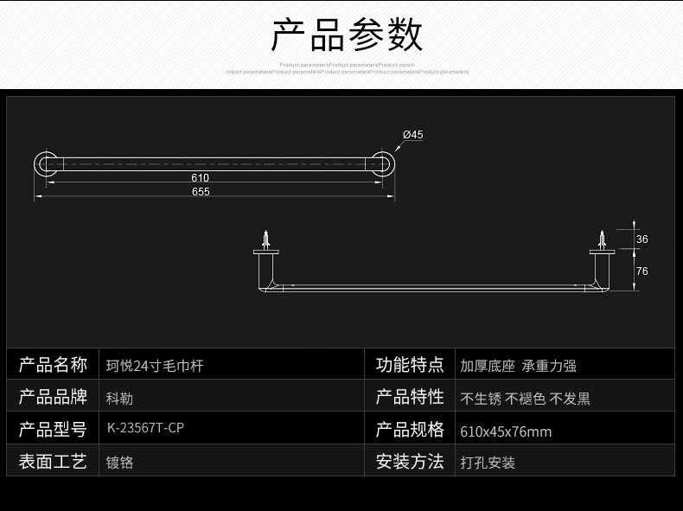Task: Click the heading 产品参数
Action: tap(348, 35)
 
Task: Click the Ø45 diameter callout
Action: tap(412, 134)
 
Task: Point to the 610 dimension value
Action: tap(200, 177)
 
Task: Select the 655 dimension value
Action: tap(200, 192)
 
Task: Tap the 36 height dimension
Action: tap(642, 239)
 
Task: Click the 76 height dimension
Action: tap(642, 271)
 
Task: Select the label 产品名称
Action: tap(53, 364)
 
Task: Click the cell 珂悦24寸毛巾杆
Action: tap(154, 366)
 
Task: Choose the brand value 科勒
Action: tap(119, 399)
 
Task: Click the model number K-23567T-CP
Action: tap(144, 430)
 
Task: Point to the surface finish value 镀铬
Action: tap(119, 462)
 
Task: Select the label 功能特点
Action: tap(410, 364)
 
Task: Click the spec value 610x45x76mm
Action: tap(506, 431)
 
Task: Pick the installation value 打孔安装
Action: tap(488, 463)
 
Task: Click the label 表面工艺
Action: tap(53, 461)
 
